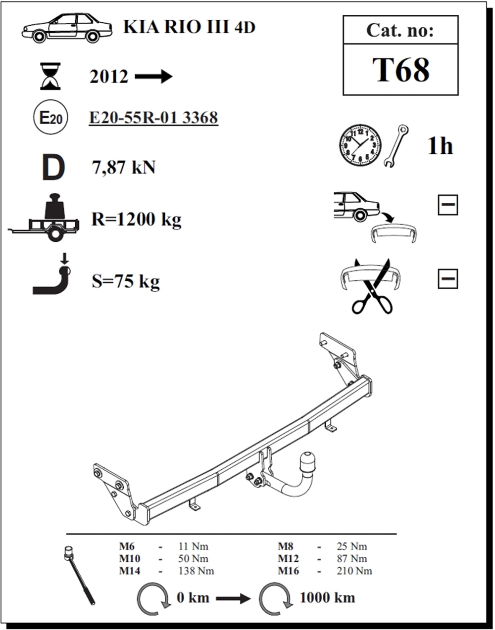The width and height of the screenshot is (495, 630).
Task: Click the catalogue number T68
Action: click(x=400, y=70)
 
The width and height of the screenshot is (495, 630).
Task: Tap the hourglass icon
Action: click(x=50, y=76)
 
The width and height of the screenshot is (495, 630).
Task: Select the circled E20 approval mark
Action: click(x=50, y=117)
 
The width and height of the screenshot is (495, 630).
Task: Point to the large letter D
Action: click(x=53, y=167)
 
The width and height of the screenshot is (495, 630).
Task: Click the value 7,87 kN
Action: click(x=124, y=167)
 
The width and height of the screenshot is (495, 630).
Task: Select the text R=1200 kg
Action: click(x=136, y=219)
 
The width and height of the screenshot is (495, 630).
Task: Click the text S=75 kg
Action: click(x=126, y=281)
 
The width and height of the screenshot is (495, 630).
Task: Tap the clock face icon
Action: click(x=360, y=145)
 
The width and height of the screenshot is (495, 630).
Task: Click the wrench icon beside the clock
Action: click(x=396, y=146)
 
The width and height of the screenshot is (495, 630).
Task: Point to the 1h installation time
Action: click(x=440, y=146)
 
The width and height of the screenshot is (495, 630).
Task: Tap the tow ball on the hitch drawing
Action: click(x=308, y=462)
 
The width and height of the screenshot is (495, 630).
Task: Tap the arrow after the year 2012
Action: click(x=153, y=77)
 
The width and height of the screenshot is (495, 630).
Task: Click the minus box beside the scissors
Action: click(x=447, y=278)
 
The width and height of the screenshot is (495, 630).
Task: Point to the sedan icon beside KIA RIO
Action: click(x=67, y=28)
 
